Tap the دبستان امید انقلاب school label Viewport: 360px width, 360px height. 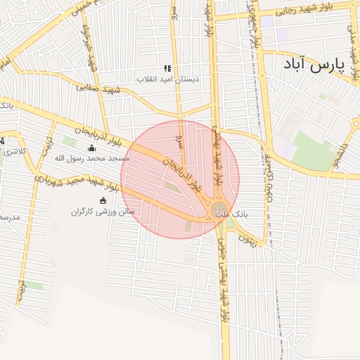tap(168, 79)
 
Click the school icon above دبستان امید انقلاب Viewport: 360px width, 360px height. tap(167, 68)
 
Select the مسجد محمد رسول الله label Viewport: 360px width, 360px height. tap(90, 158)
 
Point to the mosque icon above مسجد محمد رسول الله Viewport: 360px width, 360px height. tap(91, 148)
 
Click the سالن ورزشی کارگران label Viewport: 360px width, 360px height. tap(102, 211)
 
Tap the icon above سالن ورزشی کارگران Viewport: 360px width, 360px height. tap(103, 201)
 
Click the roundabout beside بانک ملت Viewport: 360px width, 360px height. tap(219, 209)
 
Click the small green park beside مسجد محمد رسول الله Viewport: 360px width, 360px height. tap(70, 141)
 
